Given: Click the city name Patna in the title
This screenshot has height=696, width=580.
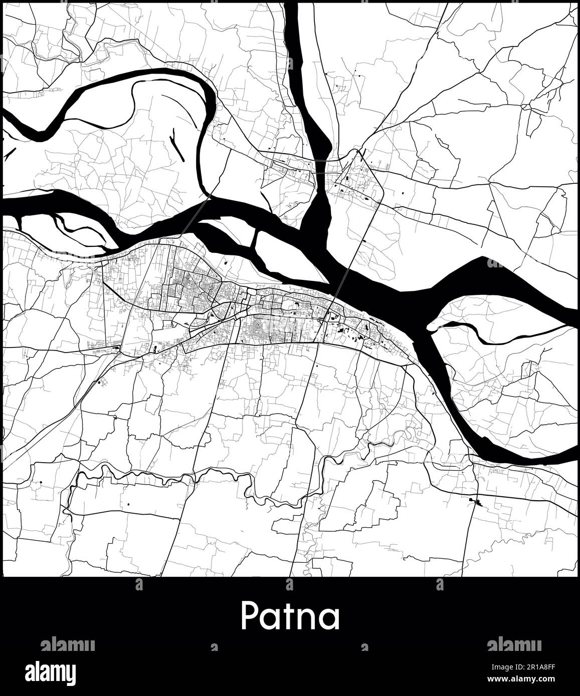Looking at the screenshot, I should tap(290, 616).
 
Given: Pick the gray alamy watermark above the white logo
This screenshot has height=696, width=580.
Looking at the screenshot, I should tap(68, 644).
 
